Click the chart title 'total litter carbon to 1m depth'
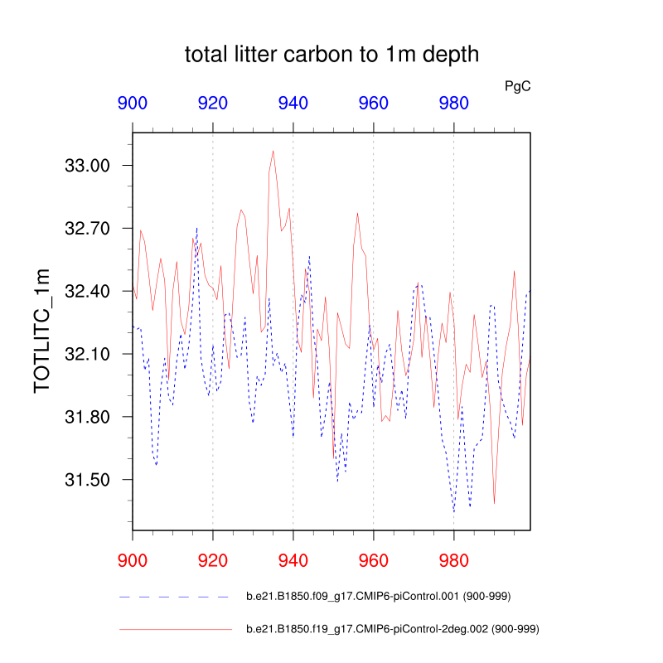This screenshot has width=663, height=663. [331, 56]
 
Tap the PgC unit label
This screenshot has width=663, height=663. [517, 85]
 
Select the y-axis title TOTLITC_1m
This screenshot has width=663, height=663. [41, 331]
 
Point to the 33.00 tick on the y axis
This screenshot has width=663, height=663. [87, 166]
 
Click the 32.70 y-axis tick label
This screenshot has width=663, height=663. [87, 228]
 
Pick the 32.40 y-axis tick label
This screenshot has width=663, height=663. [87, 291]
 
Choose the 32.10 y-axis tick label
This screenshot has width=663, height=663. [87, 354]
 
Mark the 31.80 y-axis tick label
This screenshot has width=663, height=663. [87, 417]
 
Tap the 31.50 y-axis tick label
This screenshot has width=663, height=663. [87, 480]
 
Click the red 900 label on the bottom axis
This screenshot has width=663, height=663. [133, 554]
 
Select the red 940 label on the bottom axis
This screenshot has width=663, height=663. [293, 554]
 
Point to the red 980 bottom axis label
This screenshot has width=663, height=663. [454, 554]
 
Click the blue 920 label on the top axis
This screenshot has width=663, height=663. [213, 104]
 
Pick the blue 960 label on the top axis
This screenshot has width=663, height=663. [374, 104]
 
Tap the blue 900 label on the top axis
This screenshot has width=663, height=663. [133, 104]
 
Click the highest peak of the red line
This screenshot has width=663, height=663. [273, 151]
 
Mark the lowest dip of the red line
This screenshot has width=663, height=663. [494, 503]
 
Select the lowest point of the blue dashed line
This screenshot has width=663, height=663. [454, 512]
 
